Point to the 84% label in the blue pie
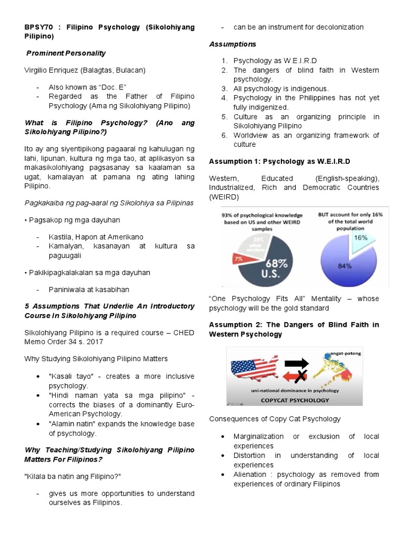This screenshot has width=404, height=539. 345,265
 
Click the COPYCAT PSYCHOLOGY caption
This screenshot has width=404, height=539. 295,400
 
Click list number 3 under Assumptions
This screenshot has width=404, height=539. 224,88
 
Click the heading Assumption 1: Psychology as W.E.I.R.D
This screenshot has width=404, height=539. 279,161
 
